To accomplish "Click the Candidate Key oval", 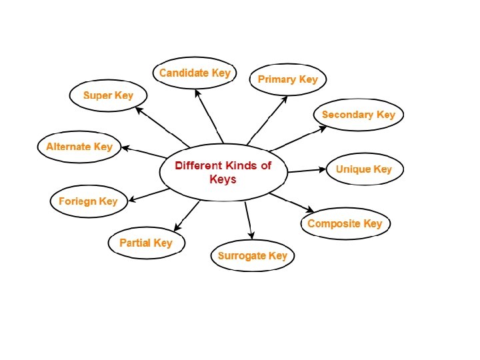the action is click(195, 73).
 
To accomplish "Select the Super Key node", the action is click(108, 95).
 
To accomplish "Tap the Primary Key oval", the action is click(288, 80).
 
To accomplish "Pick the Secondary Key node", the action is click(358, 115).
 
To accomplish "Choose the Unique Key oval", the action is click(363, 169).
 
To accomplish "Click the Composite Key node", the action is click(345, 224).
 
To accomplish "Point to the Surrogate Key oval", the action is click(252, 256).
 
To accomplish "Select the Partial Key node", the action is click(146, 243).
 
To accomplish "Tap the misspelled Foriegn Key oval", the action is click(88, 201).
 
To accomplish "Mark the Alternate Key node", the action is click(79, 147).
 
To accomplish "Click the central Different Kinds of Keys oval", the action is click(223, 172).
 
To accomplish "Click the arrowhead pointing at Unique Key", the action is click(321, 169).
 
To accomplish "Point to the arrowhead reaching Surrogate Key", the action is click(251, 235).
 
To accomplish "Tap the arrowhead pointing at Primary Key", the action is click(285, 98).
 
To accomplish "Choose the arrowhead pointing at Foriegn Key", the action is click(132, 199).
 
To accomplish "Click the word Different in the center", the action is click(199, 165).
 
